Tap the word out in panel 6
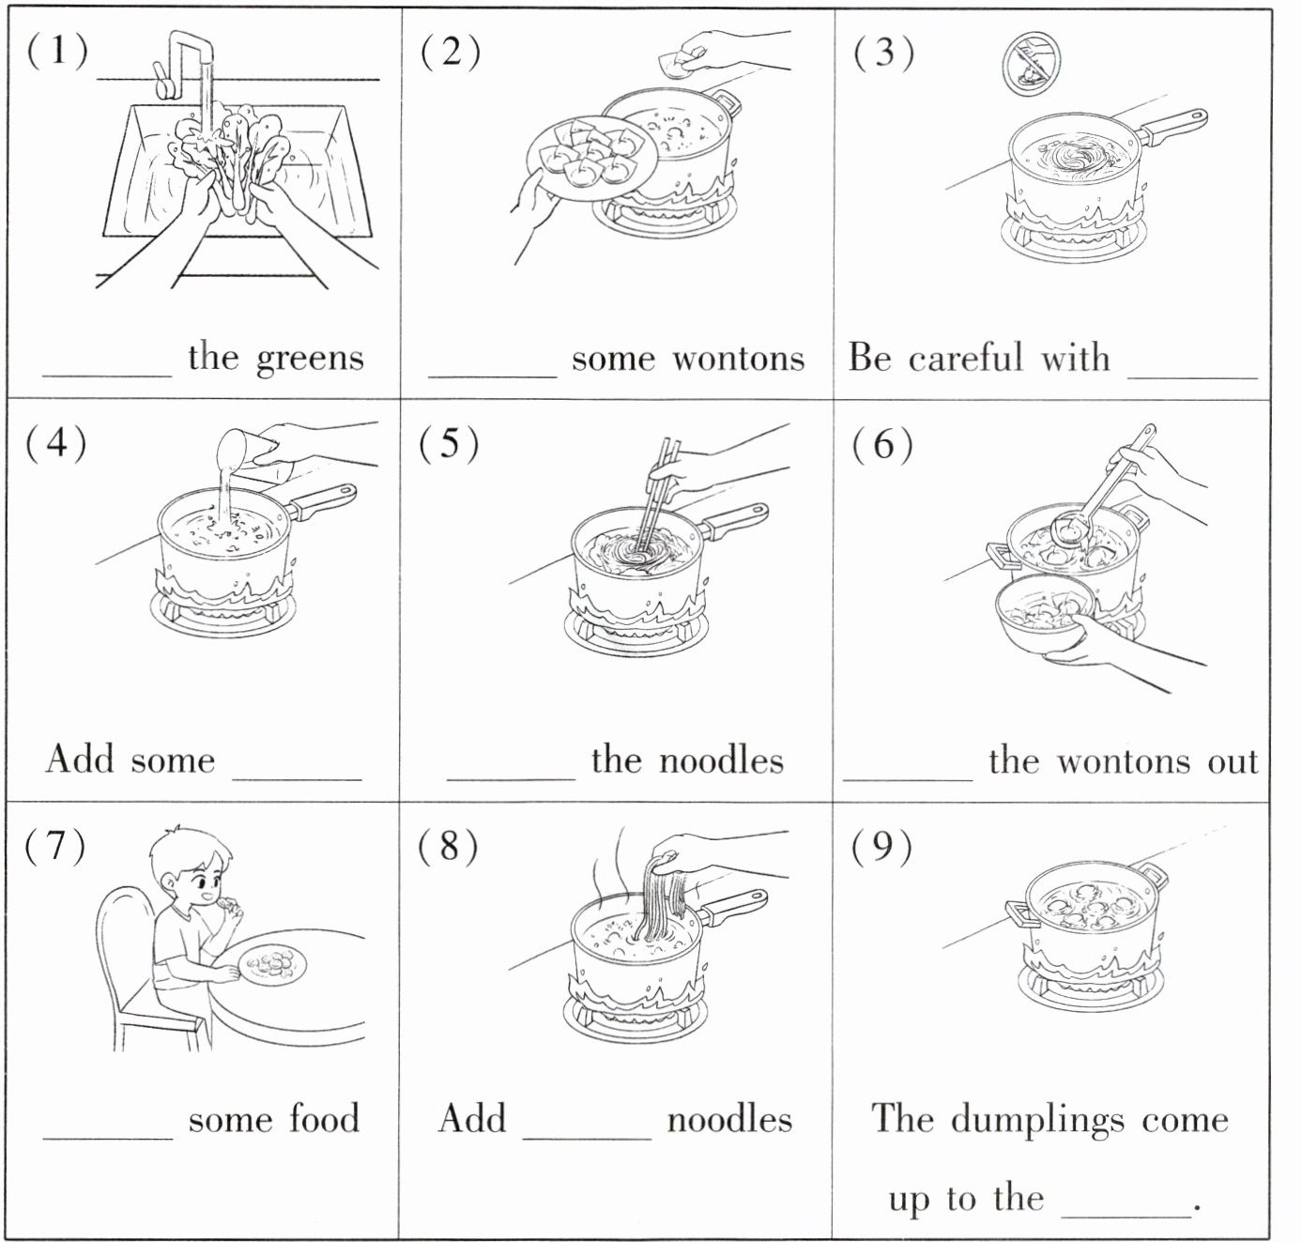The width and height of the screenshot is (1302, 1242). point(1233,760)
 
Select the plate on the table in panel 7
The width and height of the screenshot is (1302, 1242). point(271,965)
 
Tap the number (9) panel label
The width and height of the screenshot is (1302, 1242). point(881,847)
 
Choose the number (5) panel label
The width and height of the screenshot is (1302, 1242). point(449,442)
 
